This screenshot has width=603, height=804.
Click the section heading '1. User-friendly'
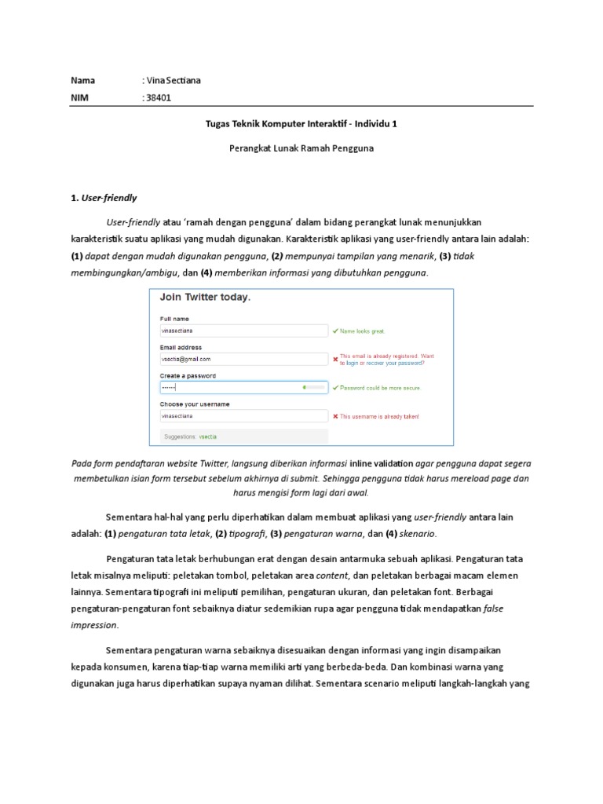[104, 197]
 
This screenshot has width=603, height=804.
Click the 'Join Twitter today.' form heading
[206, 298]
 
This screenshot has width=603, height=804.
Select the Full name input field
[243, 331]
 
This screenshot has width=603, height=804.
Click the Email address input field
[243, 359]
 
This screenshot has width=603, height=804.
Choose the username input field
[243, 415]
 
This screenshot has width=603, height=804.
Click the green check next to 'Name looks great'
[336, 331]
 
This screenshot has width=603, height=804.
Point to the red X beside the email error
[336, 360]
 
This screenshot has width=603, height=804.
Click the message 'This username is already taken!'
[379, 416]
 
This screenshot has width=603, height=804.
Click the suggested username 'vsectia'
[208, 436]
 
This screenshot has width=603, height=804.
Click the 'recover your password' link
[389, 364]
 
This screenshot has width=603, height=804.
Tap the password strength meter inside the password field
[313, 387]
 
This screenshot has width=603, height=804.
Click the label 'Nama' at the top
[82, 80]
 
